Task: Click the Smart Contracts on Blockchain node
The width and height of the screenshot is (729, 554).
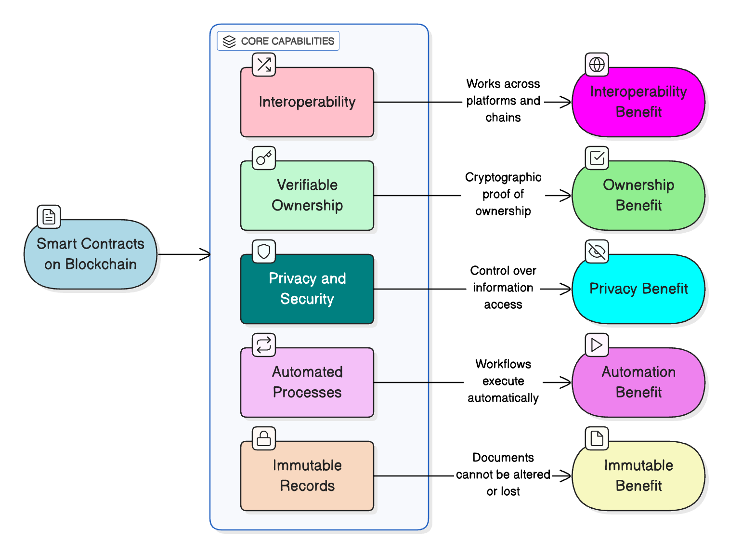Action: (91, 254)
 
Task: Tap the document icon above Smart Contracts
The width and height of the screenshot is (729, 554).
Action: (49, 217)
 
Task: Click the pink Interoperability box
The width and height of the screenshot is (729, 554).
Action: (307, 102)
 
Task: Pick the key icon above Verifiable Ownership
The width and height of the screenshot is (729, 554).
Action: (264, 158)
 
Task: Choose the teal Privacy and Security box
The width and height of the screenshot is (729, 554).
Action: (307, 289)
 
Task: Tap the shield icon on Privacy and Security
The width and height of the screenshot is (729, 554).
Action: (264, 251)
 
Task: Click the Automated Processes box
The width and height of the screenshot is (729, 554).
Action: (307, 383)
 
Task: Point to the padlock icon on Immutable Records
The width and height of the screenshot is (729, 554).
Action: (264, 438)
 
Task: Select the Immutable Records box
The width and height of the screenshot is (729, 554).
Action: (307, 476)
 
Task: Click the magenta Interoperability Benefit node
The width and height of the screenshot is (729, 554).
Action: (638, 102)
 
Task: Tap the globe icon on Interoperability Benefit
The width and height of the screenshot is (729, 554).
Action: (597, 65)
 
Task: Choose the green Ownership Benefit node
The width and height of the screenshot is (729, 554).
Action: (638, 196)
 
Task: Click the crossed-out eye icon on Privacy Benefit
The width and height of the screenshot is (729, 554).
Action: (597, 251)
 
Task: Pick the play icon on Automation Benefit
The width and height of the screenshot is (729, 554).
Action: (597, 345)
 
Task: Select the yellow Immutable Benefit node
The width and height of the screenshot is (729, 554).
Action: (638, 476)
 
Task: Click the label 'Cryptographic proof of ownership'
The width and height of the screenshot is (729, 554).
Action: (503, 194)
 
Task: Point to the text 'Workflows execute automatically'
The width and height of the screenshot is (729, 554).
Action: (503, 381)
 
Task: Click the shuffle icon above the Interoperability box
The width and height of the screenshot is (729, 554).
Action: (264, 65)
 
